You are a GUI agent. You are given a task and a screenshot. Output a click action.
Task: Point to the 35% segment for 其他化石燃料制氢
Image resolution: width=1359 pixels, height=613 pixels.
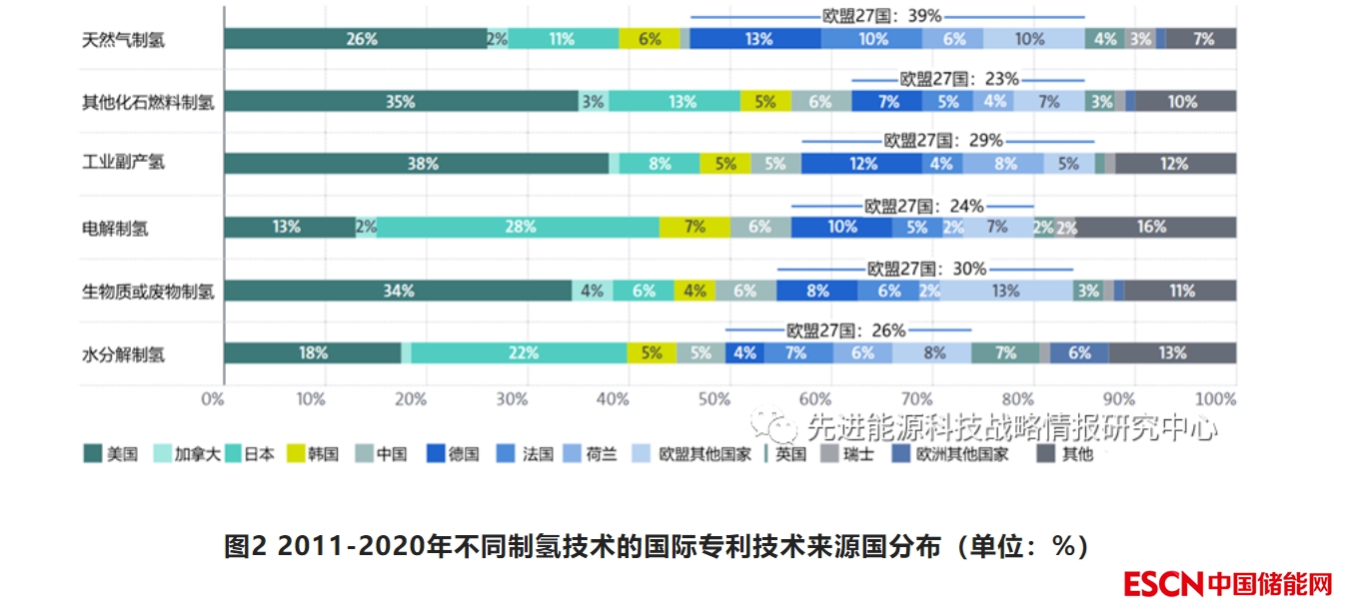(x=401, y=101)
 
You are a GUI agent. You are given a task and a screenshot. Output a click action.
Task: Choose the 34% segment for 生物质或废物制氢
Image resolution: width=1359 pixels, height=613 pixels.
(x=398, y=291)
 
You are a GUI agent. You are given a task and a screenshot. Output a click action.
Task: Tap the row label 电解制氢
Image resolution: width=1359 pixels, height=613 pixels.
(x=115, y=228)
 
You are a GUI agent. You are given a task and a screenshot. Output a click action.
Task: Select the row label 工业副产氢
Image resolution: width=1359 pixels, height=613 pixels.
(x=123, y=164)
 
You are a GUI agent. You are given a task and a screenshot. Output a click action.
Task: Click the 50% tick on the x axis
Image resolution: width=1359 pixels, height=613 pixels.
(x=713, y=399)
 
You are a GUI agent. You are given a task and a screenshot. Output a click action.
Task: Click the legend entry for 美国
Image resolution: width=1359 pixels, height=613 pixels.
(x=111, y=454)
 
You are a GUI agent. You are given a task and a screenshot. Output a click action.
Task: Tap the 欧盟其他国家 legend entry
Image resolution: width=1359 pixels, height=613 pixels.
(x=693, y=454)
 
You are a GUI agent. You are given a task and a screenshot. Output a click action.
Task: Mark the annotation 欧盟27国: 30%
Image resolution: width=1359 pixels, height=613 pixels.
(x=925, y=269)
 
